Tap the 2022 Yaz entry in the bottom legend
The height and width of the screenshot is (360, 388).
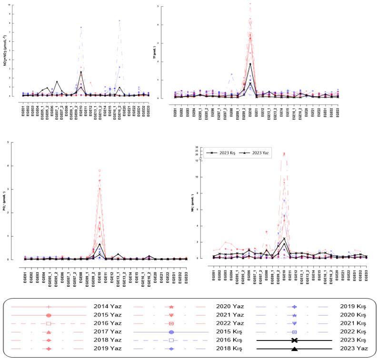pos(230,323)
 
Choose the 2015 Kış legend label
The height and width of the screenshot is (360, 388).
pos(230,332)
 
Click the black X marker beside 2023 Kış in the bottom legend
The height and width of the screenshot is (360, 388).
pos(294,340)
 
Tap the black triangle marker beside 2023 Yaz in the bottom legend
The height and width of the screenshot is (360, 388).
pos(294,349)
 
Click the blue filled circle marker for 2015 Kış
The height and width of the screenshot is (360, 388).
pos(171,332)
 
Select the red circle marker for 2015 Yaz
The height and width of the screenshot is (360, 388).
pos(49,315)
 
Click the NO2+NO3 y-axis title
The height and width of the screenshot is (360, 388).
pos(5,50)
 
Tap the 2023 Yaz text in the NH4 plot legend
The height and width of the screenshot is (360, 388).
pos(261,153)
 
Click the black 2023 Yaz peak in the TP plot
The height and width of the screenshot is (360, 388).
pos(250,64)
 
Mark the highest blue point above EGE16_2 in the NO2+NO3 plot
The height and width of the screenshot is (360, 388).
pos(119,20)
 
